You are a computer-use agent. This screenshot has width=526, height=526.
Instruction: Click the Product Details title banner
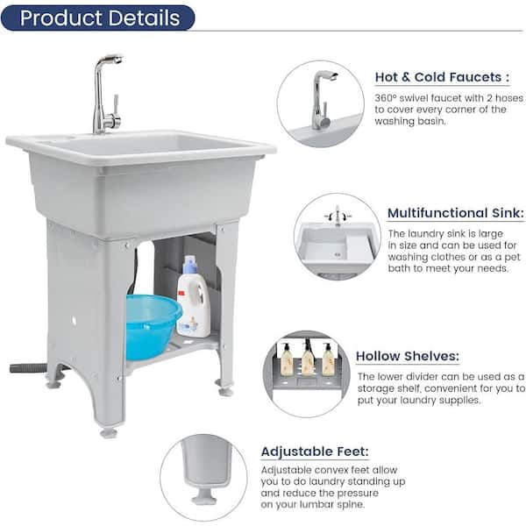tap(98, 18)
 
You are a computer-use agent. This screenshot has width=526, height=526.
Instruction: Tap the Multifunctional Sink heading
tap(456, 213)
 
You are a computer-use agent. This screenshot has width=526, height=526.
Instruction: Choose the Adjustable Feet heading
tap(315, 451)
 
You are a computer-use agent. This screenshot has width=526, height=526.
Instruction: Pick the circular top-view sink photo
tap(338, 237)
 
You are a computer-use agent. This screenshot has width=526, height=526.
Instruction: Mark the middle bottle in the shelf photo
tap(308, 359)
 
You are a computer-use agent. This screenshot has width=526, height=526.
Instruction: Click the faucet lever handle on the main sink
tap(114, 103)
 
